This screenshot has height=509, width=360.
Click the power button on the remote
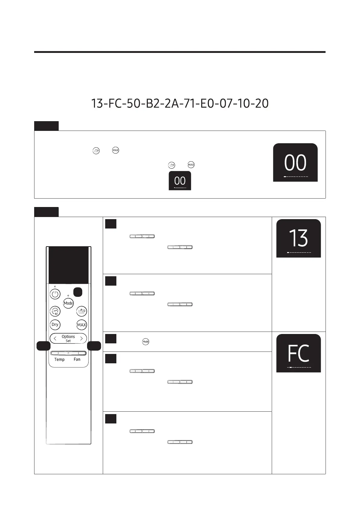click(55, 294)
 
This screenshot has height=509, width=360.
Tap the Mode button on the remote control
click(68, 303)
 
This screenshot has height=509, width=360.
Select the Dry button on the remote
click(55, 325)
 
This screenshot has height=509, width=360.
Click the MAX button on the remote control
click(82, 325)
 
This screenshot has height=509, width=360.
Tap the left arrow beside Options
click(55, 339)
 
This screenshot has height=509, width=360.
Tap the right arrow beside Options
click(81, 339)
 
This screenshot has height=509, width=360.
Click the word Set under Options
click(68, 341)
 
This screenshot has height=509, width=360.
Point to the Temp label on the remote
click(59, 359)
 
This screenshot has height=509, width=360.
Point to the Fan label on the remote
click(77, 359)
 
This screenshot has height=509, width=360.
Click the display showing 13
click(298, 238)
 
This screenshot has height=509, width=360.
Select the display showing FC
click(298, 353)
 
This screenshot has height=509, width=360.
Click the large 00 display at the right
click(295, 163)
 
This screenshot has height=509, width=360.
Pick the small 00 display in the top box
click(180, 181)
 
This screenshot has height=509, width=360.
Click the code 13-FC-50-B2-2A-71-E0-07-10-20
click(180, 104)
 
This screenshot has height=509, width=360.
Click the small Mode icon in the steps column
click(145, 342)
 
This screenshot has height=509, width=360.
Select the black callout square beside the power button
click(78, 292)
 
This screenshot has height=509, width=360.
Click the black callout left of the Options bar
click(43, 346)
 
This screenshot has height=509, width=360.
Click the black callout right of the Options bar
click(94, 346)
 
